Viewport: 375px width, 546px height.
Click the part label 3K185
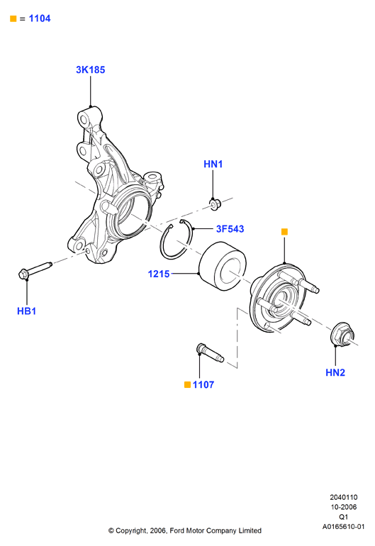[x=91, y=69]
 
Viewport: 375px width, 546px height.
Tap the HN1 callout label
[x=213, y=164]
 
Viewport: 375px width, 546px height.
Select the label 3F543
[x=230, y=229]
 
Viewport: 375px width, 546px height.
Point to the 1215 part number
[x=159, y=274]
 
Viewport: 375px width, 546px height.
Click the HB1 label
[x=26, y=311]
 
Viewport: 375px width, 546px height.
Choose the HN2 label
[x=335, y=372]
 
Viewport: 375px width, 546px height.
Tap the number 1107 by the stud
[x=203, y=385]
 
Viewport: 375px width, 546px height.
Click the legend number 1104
[x=40, y=18]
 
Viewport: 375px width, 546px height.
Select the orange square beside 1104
[x=13, y=19]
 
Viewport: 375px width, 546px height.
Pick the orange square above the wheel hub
[x=284, y=232]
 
